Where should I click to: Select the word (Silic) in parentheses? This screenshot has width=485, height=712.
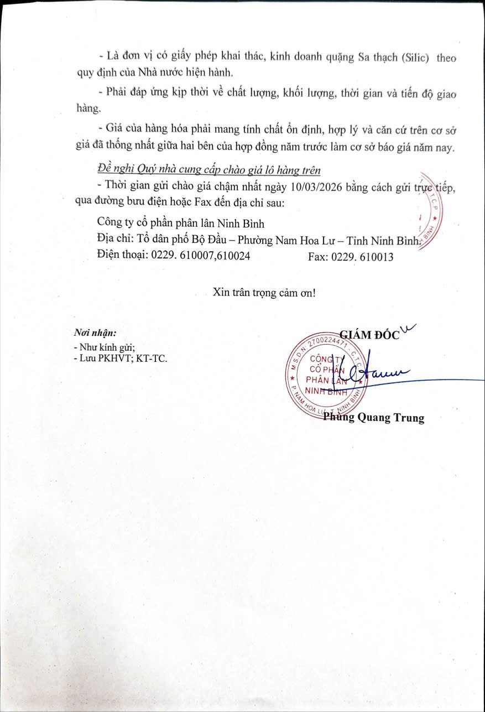tap(411, 58)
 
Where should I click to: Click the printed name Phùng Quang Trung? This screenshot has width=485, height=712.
tap(374, 418)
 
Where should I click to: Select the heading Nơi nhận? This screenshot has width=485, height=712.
tap(95, 334)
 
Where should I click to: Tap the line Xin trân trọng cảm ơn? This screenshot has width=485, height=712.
tap(264, 293)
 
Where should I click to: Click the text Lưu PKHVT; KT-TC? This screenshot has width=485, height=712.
tap(123, 358)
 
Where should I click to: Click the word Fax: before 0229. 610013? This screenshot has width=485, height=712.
tap(317, 257)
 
